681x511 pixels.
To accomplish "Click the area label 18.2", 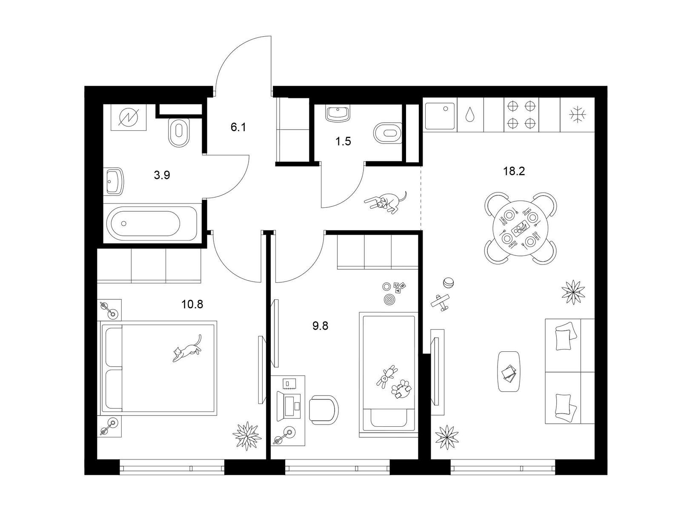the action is click(x=514, y=171).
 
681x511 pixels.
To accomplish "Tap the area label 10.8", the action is click(x=192, y=304).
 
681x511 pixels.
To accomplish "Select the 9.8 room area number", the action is click(x=320, y=326).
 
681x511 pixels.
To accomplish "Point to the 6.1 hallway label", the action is click(x=238, y=127).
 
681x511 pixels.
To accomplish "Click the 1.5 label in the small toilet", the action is click(x=343, y=141).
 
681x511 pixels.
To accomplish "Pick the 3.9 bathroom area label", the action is click(x=162, y=175).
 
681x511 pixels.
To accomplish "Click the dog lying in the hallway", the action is click(x=386, y=202).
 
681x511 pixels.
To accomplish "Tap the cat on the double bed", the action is click(x=187, y=348).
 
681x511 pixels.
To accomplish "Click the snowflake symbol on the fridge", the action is click(x=578, y=115).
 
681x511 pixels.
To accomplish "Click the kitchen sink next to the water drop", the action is click(x=440, y=115).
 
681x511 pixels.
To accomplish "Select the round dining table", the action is click(x=520, y=228).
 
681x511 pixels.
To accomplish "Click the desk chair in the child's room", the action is click(x=324, y=410).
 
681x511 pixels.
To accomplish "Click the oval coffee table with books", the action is click(x=509, y=372).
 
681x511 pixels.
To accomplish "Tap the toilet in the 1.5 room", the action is click(x=388, y=133).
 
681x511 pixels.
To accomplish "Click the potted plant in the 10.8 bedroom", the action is click(x=246, y=436).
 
